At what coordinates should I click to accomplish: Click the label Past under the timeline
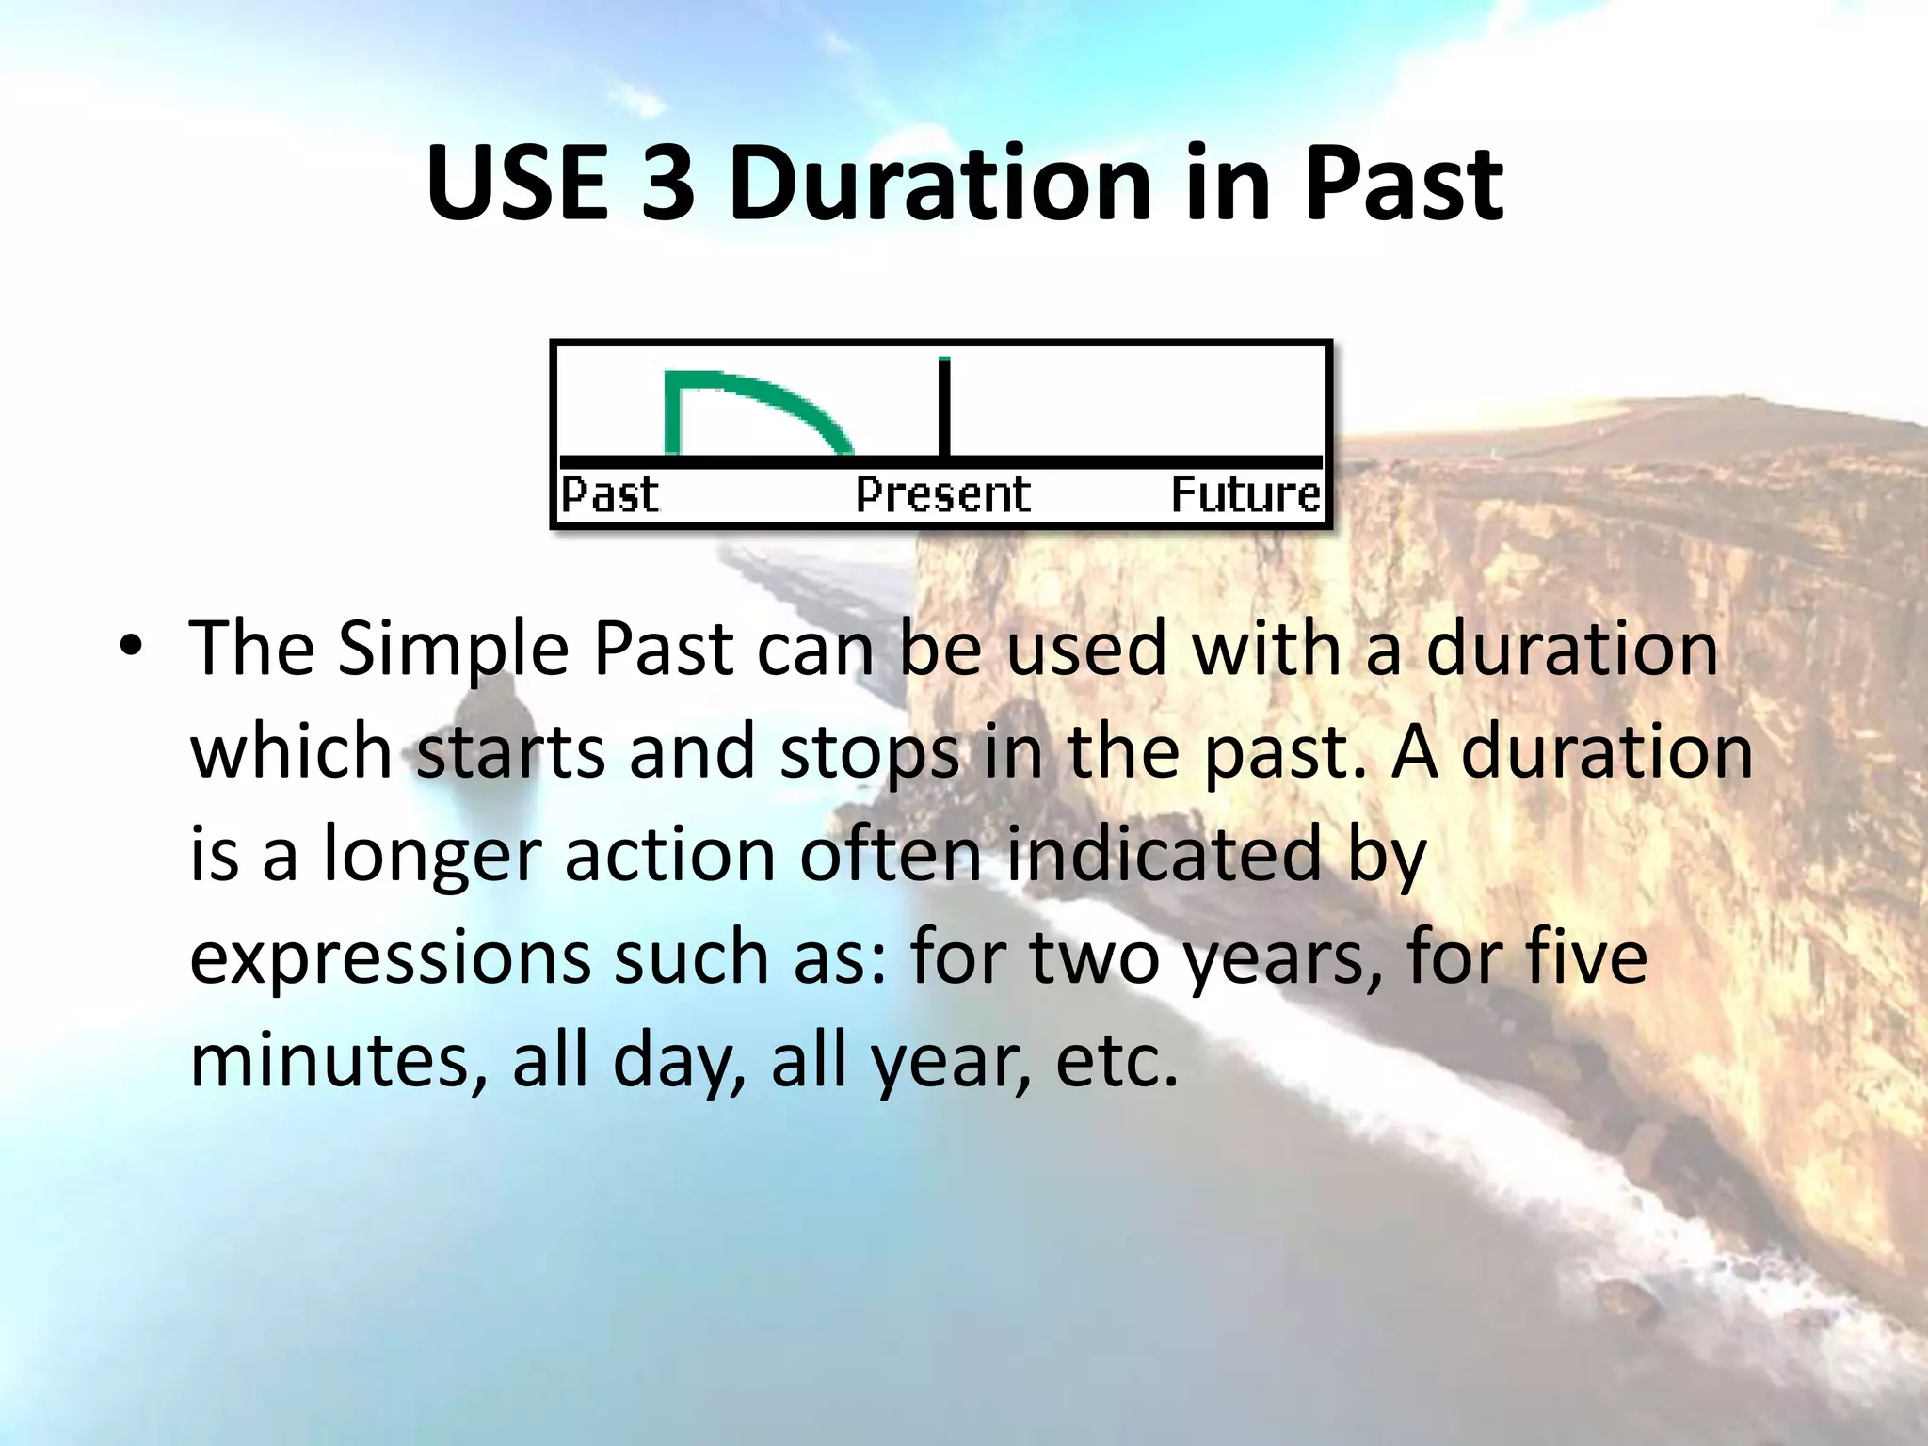(609, 495)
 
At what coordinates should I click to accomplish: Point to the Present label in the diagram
(942, 495)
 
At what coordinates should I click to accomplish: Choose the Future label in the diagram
(1245, 495)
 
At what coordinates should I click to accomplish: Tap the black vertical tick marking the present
(944, 407)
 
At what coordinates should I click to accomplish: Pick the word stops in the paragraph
(869, 754)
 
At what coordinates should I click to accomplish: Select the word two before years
(1093, 957)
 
